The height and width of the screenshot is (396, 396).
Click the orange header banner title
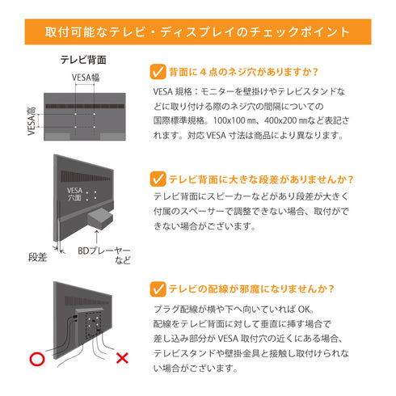pos(198,33)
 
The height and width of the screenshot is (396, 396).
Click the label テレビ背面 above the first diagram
pos(84,61)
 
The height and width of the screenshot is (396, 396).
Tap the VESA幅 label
pos(86,78)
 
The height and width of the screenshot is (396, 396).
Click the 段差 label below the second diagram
pos(38,257)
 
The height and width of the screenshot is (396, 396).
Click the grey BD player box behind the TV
pos(103,217)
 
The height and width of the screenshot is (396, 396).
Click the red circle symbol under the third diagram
pos(36,357)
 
